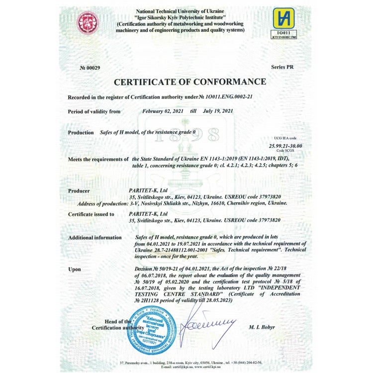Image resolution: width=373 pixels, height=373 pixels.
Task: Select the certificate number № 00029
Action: [90, 67]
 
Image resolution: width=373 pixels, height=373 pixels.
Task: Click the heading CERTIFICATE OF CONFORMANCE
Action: [190, 82]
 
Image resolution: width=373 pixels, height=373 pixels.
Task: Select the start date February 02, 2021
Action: [163, 111]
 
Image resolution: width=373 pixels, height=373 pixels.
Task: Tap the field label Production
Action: [81, 132]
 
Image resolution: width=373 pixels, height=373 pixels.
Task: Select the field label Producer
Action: [79, 190]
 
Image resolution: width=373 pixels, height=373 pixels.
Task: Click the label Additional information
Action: [94, 238]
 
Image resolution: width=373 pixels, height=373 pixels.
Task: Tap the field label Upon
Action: [74, 269]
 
